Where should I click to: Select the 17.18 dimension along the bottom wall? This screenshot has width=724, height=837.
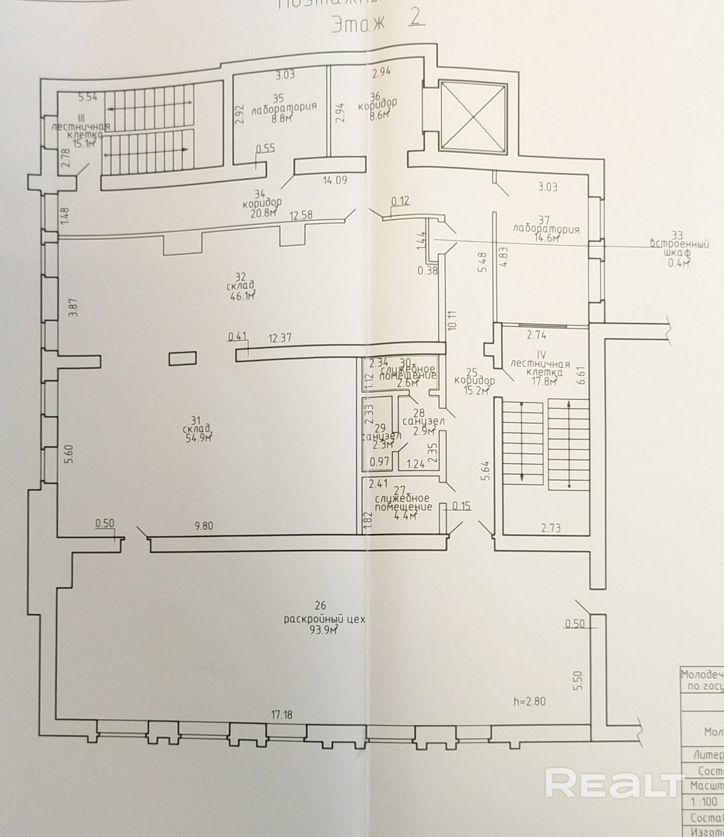pyautogui.click(x=281, y=714)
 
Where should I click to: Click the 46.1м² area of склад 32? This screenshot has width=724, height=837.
pyautogui.click(x=242, y=298)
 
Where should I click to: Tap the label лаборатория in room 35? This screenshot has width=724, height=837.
pyautogui.click(x=284, y=108)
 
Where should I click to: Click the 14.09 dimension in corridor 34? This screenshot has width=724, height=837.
pyautogui.click(x=335, y=181)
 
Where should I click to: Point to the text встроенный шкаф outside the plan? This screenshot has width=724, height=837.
pyautogui.click(x=680, y=248)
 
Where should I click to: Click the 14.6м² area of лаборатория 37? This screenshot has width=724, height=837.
pyautogui.click(x=546, y=239)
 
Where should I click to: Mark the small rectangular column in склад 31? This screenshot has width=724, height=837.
pyautogui.click(x=183, y=358)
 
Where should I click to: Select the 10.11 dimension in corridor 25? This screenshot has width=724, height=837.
pyautogui.click(x=452, y=320)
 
